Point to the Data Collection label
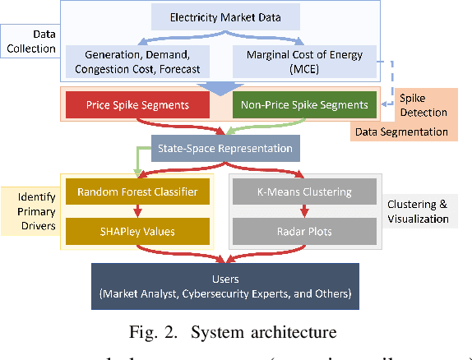[30, 41]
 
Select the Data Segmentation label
[401, 131]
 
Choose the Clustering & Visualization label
[417, 211]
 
